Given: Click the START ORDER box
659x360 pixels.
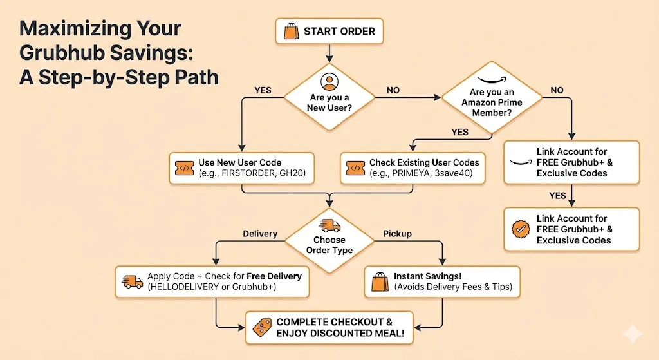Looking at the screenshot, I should click(x=329, y=30).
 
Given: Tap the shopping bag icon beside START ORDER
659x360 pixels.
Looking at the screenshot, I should click(x=290, y=30).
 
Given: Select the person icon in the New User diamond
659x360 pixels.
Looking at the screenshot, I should click(x=329, y=82).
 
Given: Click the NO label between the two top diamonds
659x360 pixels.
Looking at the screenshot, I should click(x=393, y=90).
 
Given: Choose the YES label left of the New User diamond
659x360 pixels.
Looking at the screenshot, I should click(x=263, y=90).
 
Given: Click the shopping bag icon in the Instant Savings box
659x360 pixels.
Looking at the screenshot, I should click(x=379, y=281).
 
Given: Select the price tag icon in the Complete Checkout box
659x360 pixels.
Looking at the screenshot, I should click(x=261, y=327).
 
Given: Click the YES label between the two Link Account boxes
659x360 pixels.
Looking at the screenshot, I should click(x=557, y=195).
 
